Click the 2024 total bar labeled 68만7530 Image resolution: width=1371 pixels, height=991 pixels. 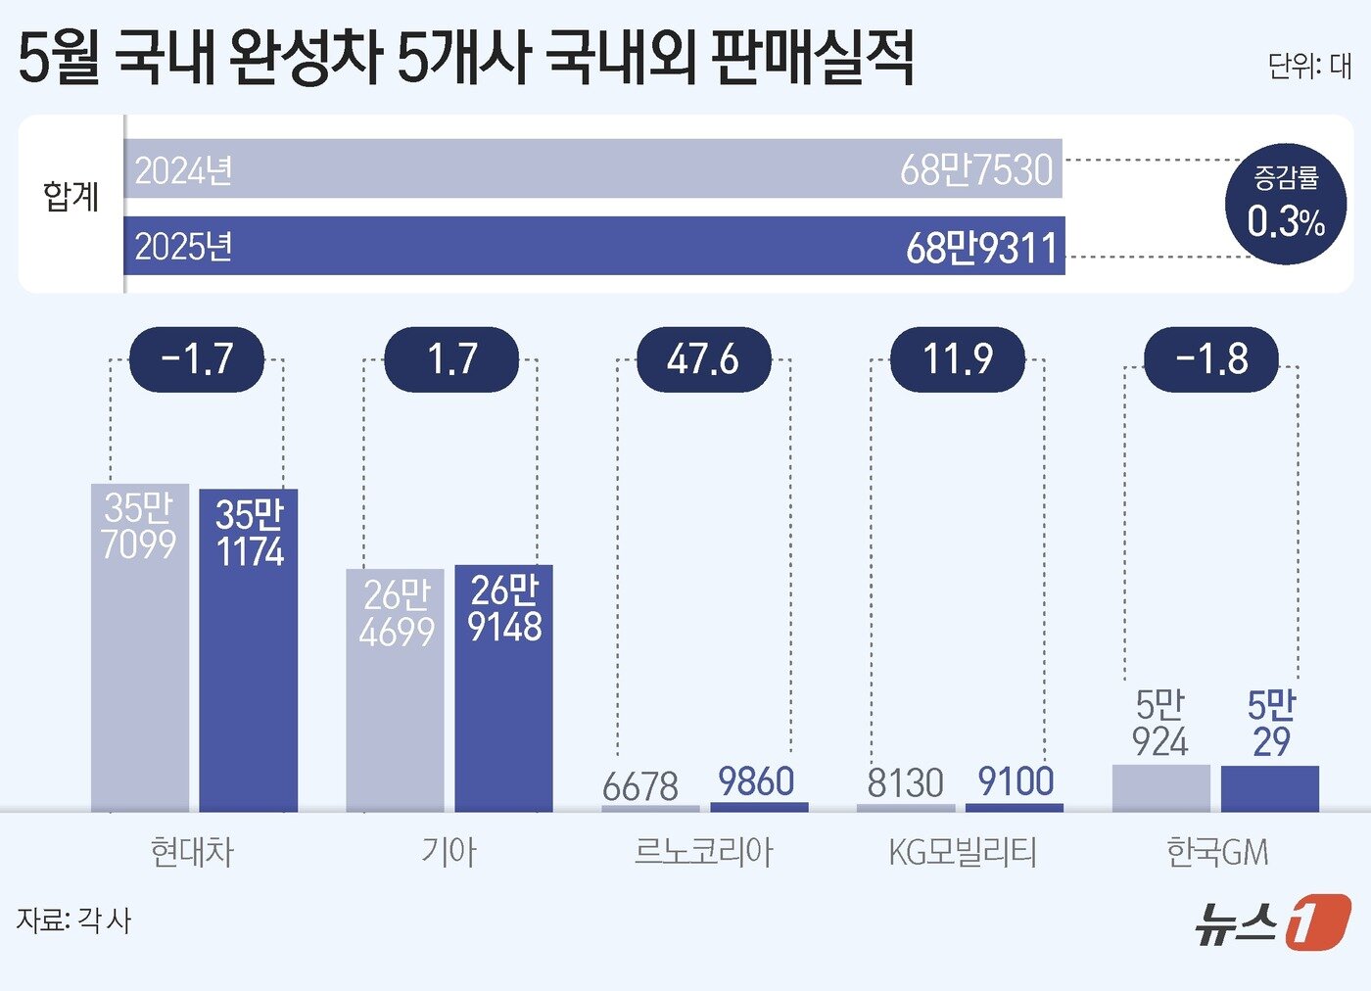pos(592,169)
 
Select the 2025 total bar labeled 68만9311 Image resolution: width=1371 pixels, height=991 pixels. pos(592,246)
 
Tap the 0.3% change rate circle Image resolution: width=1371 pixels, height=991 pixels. pos(1286,205)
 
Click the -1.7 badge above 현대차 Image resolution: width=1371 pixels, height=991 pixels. pos(197,359)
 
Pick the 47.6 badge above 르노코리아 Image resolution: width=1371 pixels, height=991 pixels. pos(703,359)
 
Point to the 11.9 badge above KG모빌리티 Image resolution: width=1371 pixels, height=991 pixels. pos(957,359)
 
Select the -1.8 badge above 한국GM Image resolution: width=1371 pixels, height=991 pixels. pos(1211,359)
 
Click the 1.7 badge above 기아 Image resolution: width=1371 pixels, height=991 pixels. pos(450,359)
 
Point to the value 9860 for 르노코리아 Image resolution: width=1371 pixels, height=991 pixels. pos(756,781)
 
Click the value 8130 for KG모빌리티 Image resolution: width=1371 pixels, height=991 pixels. pos(905,783)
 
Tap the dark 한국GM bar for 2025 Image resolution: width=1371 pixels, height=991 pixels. pos(1269,788)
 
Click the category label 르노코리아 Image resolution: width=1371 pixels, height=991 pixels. pos(703,852)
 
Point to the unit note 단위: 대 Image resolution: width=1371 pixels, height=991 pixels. pos(1308,66)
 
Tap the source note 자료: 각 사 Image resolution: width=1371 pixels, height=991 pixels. pos(73,920)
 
